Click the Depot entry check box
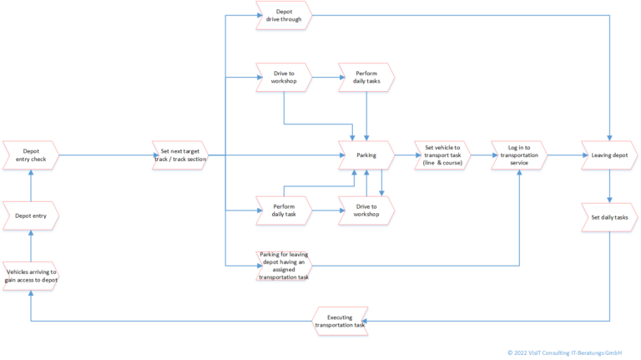pos(31,155)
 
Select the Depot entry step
pos(31,215)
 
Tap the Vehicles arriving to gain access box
pos(31,276)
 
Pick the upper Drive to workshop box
pos(283,79)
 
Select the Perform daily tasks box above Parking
pos(366,79)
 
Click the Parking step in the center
pos(366,155)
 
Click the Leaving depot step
pos(609,155)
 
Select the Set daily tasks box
pos(609,217)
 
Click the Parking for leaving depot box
pos(283,265)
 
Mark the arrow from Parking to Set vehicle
pos(403,155)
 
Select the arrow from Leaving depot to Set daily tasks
pos(609,185)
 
